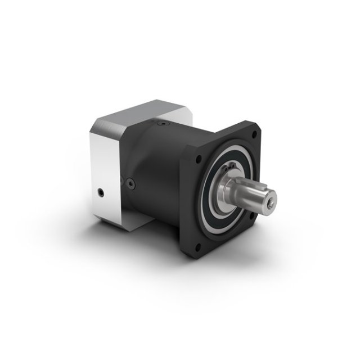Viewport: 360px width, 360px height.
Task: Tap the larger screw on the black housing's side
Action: tap(130, 182)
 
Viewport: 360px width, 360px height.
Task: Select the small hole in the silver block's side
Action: tap(100, 193)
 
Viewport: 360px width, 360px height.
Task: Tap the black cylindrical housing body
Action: tap(157, 163)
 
